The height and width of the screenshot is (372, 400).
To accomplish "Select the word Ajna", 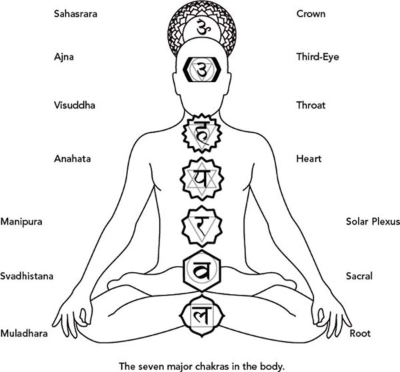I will pyautogui.click(x=63, y=57).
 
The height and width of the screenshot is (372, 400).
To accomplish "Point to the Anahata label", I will pyautogui.click(x=72, y=159).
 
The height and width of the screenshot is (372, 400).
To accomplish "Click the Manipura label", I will pyautogui.click(x=21, y=221).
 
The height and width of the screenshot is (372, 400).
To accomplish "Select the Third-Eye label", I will pyautogui.click(x=317, y=57).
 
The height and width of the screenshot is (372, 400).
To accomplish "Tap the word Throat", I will pyautogui.click(x=311, y=105).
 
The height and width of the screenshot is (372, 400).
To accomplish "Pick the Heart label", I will pyautogui.click(x=309, y=159).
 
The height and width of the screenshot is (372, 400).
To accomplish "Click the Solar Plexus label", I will pyautogui.click(x=372, y=221).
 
